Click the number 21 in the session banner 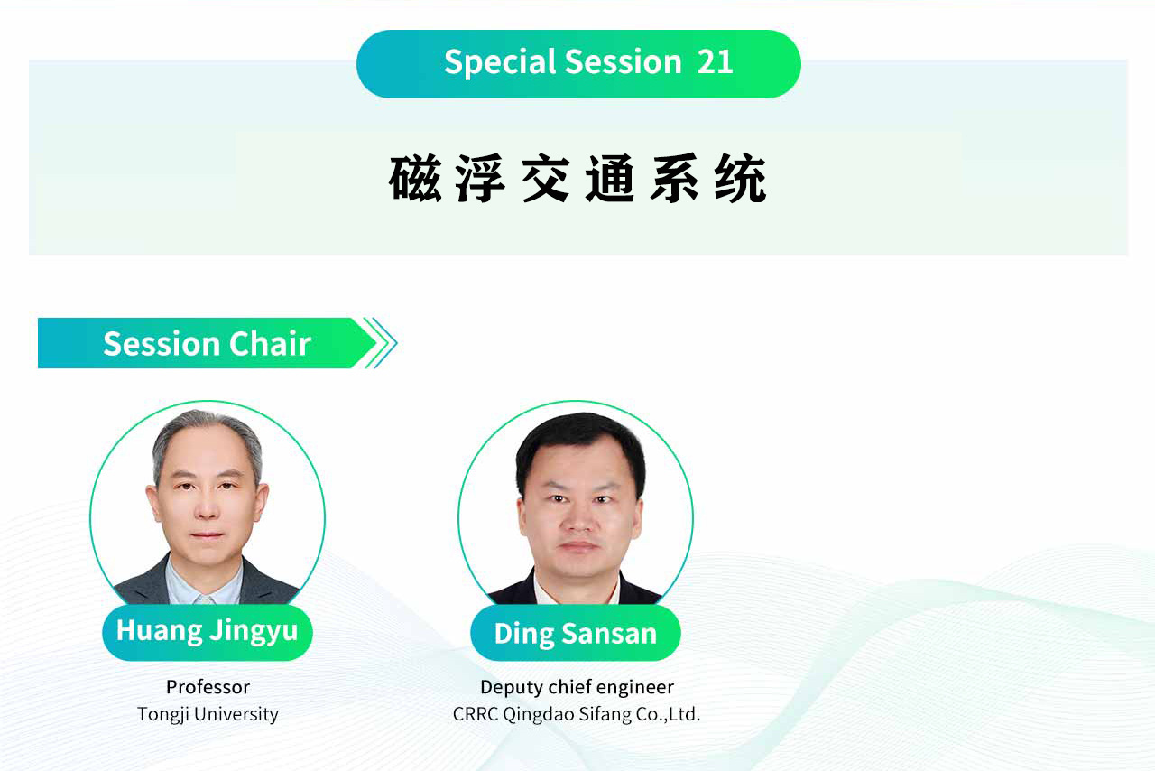click(715, 62)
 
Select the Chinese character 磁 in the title click(415, 178)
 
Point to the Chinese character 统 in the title click(741, 178)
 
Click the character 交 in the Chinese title click(546, 178)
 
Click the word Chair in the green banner click(270, 344)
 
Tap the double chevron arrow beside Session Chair click(381, 343)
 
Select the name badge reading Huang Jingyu click(208, 633)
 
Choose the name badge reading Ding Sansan click(576, 633)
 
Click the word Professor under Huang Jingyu click(208, 687)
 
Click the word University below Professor click(236, 715)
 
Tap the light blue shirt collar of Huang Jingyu click(205, 583)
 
